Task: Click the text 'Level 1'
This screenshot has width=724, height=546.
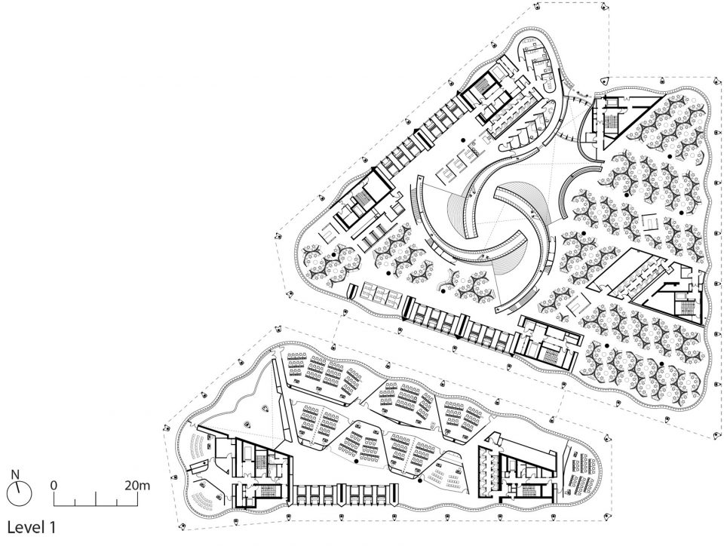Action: (x=32, y=527)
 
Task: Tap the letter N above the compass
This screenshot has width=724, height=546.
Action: (x=15, y=474)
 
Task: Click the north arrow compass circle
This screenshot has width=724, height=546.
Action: (x=20, y=492)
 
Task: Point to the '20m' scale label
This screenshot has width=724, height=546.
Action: (x=137, y=485)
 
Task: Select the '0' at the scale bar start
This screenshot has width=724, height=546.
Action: (x=54, y=486)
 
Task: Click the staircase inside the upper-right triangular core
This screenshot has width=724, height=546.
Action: (x=612, y=121)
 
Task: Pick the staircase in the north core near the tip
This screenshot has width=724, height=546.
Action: (x=482, y=85)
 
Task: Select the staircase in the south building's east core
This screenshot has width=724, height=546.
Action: (x=532, y=490)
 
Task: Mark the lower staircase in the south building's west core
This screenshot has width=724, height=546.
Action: (x=268, y=490)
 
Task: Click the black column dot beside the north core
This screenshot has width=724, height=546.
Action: (x=462, y=140)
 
